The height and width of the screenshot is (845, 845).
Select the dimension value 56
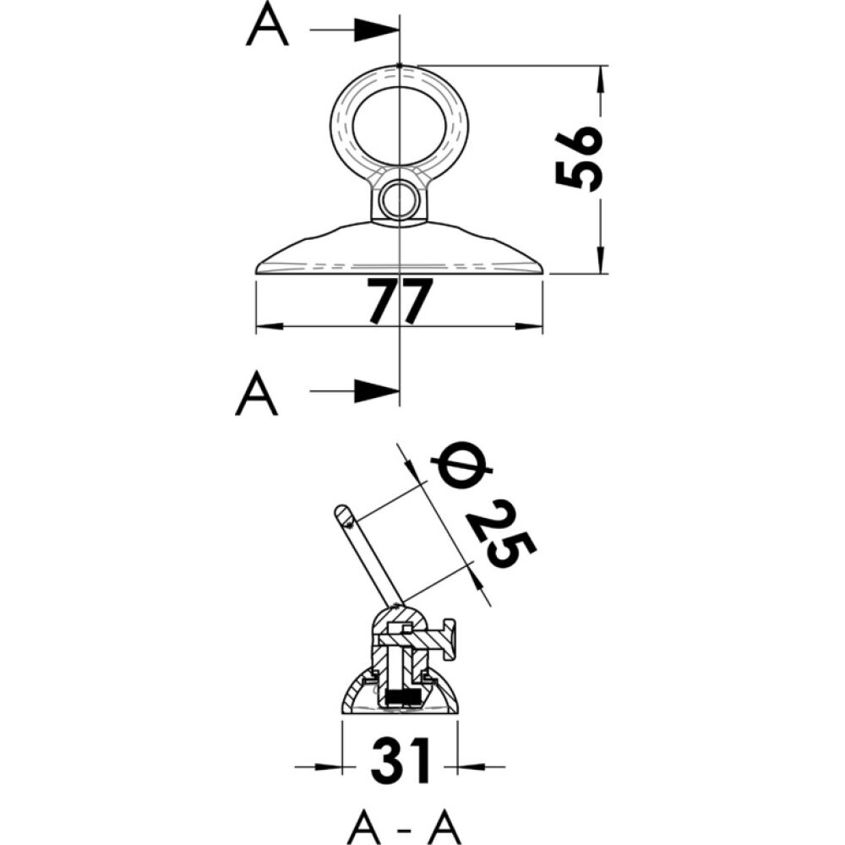578,159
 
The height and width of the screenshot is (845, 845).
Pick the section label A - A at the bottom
404,823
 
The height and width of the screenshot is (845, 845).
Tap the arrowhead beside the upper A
376,30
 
